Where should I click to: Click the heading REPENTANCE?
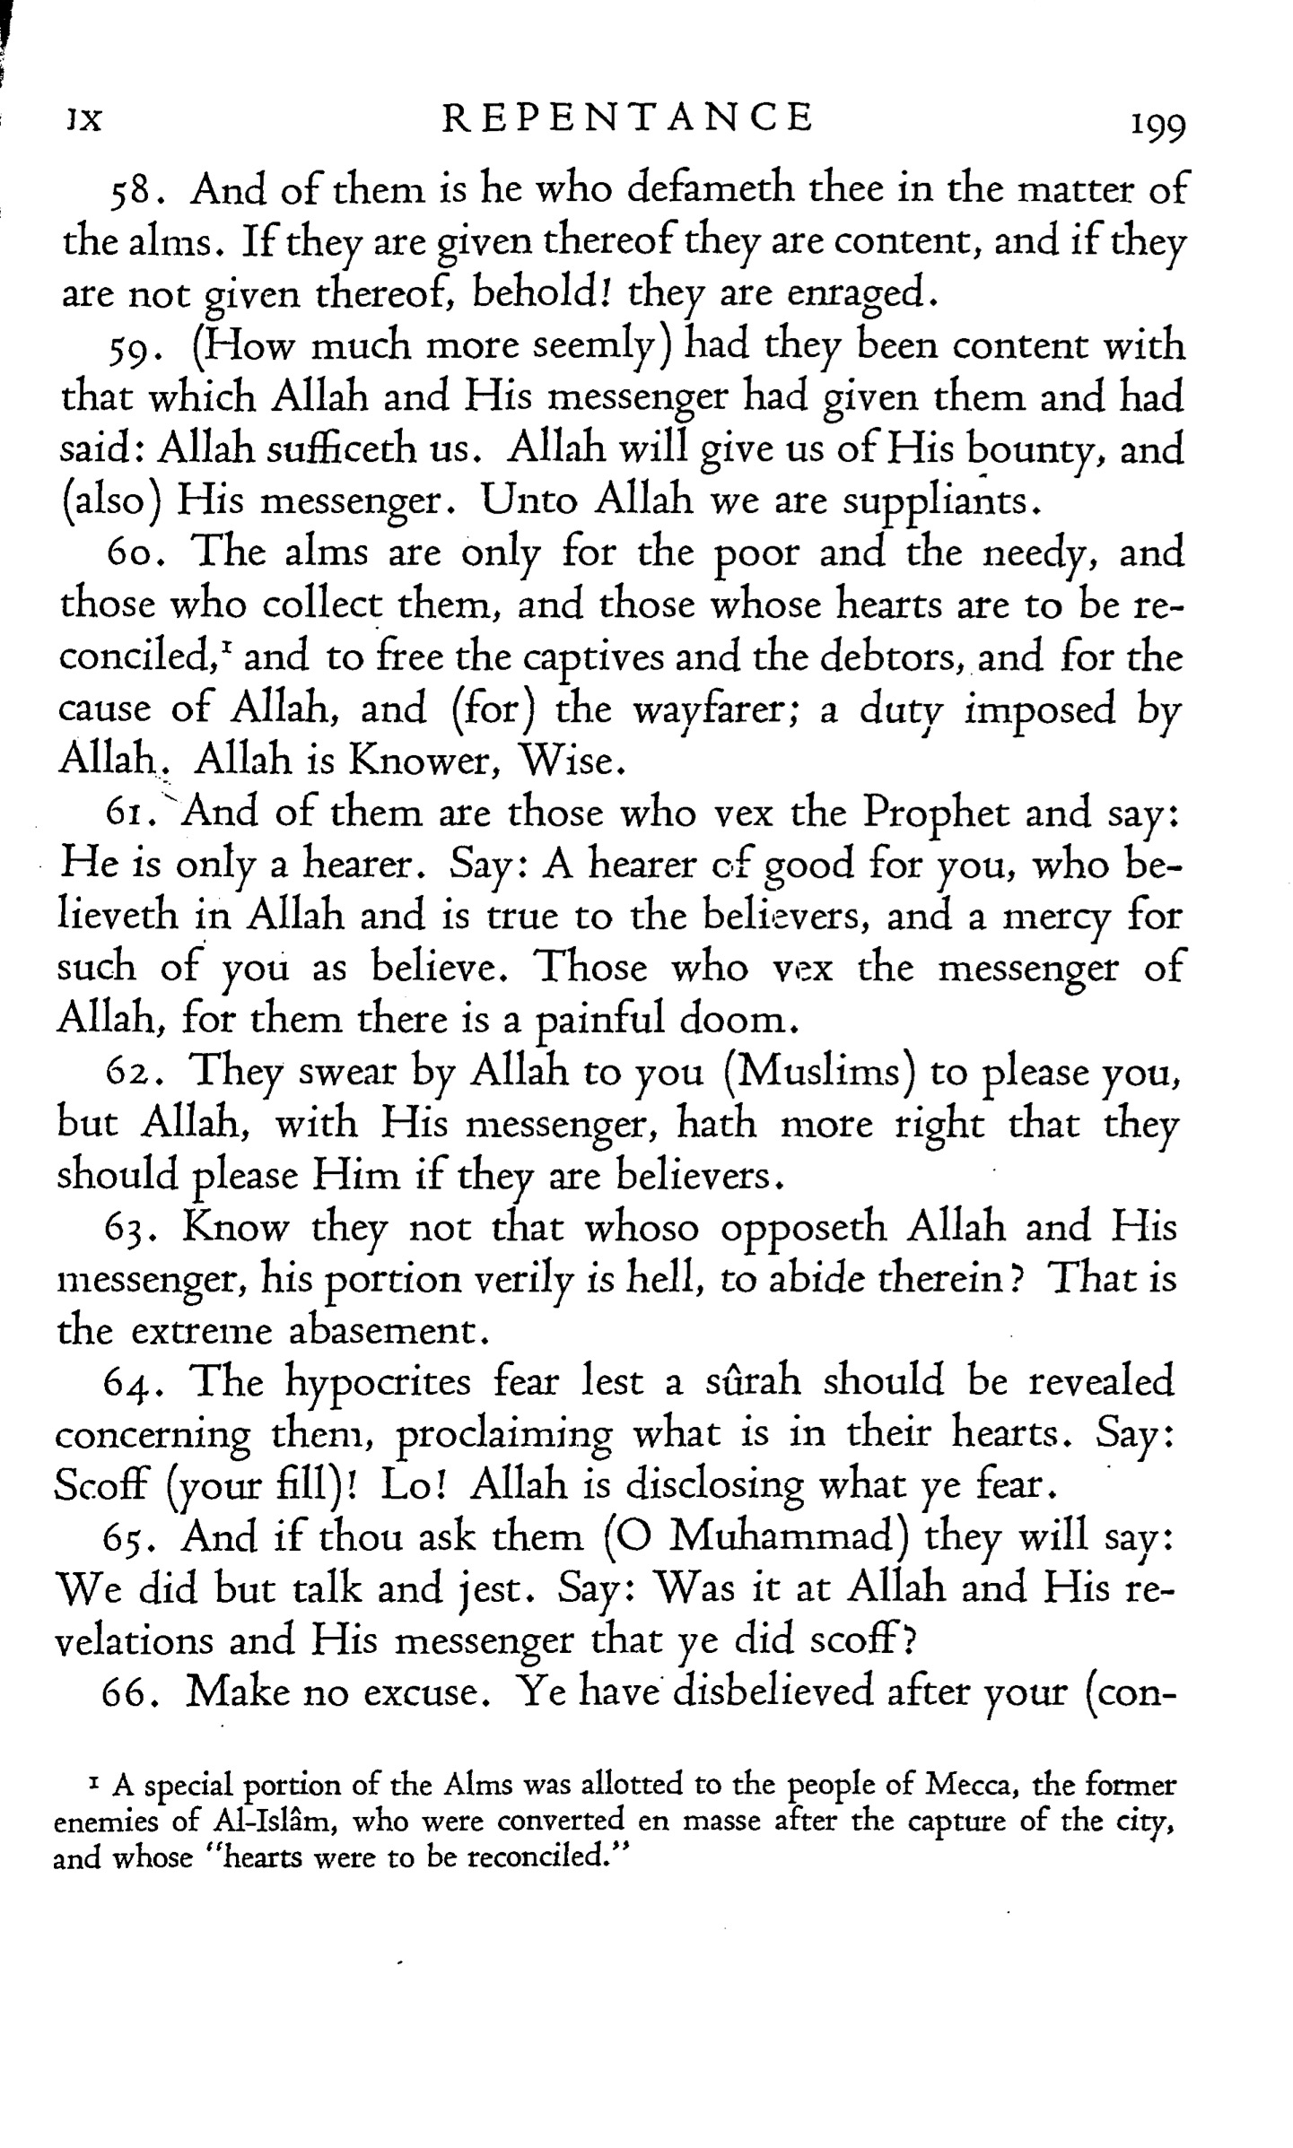(628, 118)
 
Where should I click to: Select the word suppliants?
(939, 501)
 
